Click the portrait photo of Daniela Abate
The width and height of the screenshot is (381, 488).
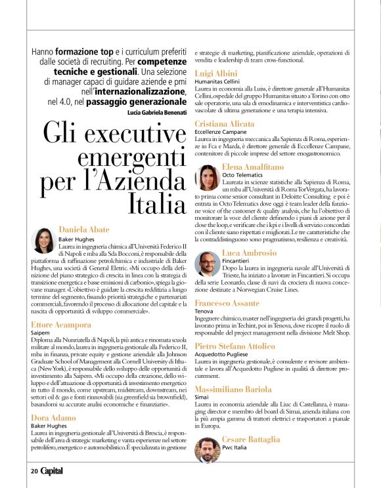point(43,241)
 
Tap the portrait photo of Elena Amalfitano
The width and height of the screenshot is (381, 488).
point(208,178)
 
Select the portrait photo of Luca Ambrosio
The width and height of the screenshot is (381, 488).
point(208,264)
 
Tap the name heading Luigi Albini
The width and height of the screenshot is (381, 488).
point(217,73)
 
